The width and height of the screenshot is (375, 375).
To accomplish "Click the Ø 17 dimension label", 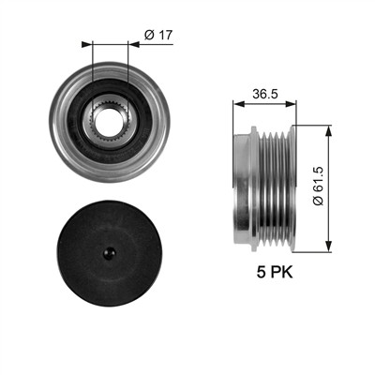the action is coord(158,35).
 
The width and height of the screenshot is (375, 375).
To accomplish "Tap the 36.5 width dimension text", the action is coord(265,94).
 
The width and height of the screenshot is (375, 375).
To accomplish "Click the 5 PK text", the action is coord(275,272).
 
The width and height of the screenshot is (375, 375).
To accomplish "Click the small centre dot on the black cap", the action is coord(110,252).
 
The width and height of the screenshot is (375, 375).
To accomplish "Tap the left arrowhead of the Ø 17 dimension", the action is coord(87,45).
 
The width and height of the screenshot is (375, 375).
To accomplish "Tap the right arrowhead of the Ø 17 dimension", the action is coord(134,45).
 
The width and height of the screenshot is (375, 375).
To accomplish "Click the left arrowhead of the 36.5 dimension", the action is coord(238,104).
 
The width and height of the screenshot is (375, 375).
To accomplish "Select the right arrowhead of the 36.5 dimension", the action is coord(291,104).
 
